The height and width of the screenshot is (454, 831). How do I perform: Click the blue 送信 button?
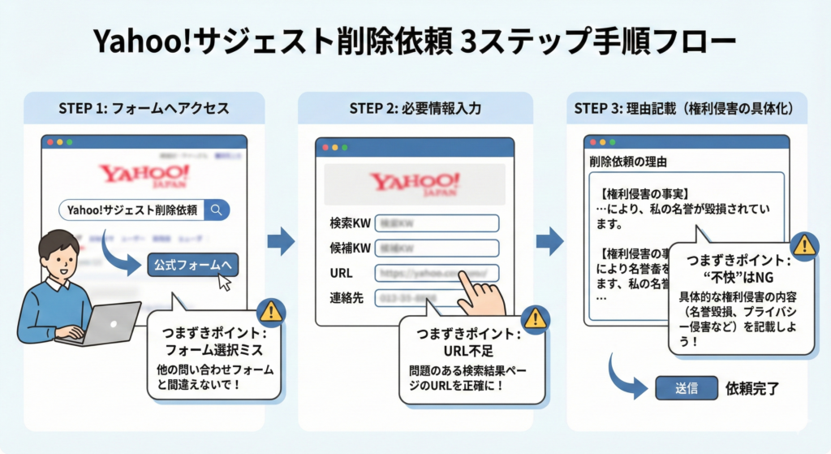(x=686, y=388)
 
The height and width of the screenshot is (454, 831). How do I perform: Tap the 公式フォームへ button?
(x=193, y=266)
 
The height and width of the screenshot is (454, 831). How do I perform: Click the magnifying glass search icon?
(x=217, y=210)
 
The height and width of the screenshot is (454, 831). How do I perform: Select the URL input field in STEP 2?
(x=437, y=273)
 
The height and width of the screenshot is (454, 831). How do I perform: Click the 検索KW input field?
(x=437, y=223)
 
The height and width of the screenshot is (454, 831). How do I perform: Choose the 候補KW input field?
(x=437, y=248)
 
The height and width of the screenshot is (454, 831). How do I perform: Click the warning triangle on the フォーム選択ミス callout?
(x=269, y=311)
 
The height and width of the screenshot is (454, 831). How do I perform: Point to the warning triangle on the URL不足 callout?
(x=534, y=318)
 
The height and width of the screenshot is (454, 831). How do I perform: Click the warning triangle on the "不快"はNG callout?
(x=803, y=244)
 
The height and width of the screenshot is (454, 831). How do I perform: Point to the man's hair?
(x=57, y=243)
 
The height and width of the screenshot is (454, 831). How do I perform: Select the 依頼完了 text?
(x=751, y=388)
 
